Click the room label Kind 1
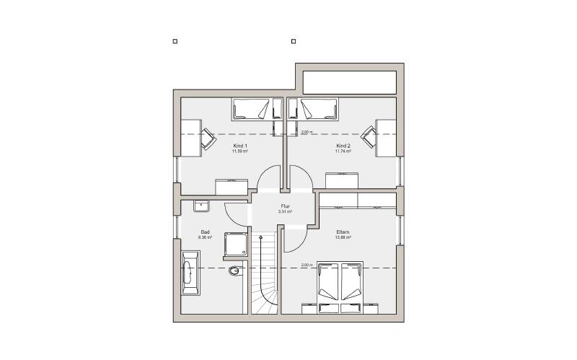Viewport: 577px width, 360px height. (x=240, y=146)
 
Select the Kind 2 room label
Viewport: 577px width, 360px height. (x=343, y=146)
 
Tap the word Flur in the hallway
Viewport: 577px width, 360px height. (x=286, y=207)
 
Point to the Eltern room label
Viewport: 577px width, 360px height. (x=343, y=232)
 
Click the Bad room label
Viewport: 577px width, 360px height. (x=205, y=232)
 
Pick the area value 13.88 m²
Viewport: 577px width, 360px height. (x=343, y=237)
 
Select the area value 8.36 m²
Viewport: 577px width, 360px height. (x=205, y=237)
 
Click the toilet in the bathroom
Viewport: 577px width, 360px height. (x=235, y=271)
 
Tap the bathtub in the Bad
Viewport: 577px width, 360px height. (x=190, y=274)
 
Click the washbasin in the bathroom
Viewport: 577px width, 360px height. (x=201, y=206)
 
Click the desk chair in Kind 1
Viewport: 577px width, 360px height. (x=208, y=136)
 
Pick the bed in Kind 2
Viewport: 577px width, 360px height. (x=318, y=110)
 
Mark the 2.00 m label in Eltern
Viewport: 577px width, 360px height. (x=307, y=265)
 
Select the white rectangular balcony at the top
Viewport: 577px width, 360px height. (x=350, y=82)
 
